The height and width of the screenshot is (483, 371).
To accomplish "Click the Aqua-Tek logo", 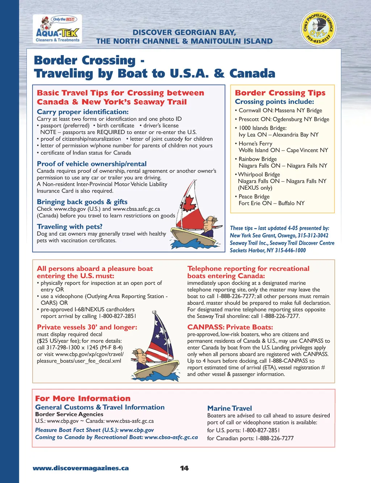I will pyautogui.click(x=57, y=29).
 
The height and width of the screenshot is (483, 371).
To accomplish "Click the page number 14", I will pyautogui.click(x=184, y=468).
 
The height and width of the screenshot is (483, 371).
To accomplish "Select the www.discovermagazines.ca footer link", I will pyautogui.click(x=81, y=468).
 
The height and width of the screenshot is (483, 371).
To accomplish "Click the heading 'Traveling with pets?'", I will pyautogui.click(x=70, y=227).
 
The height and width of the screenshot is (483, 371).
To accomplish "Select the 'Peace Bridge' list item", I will pyautogui.click(x=254, y=197).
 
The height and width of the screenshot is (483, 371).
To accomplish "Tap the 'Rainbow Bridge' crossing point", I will pyautogui.click(x=258, y=159).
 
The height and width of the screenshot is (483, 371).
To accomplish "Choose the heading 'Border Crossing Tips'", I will pyautogui.click(x=280, y=93).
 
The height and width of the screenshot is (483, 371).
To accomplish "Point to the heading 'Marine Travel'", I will pyautogui.click(x=229, y=408).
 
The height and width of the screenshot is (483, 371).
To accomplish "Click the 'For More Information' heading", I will pyautogui.click(x=83, y=398).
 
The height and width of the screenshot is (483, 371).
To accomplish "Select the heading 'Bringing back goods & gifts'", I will pyautogui.click(x=82, y=202).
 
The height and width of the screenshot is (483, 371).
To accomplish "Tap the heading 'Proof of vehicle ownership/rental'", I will pyautogui.click(x=92, y=164).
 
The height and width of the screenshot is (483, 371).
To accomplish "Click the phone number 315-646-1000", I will pyautogui.click(x=290, y=250).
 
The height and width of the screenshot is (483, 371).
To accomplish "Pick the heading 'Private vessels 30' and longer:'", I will pyautogui.click(x=87, y=327).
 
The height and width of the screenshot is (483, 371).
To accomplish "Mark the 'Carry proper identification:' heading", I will pyautogui.click(x=83, y=112).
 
